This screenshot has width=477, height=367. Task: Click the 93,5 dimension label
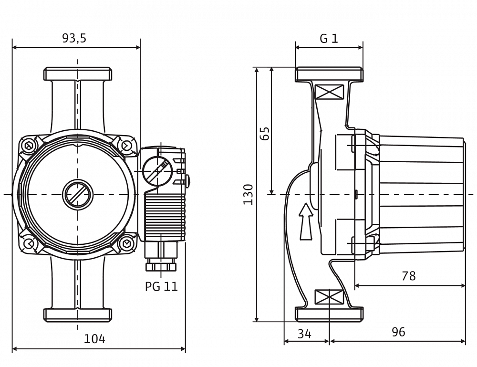(74, 38)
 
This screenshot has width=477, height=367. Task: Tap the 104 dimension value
(94, 339)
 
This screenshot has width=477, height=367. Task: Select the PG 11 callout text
(161, 286)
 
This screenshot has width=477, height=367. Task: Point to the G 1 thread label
(329, 39)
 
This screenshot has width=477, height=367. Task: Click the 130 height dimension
(248, 194)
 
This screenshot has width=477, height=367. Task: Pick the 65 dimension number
(265, 133)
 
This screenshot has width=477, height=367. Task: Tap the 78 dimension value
(408, 276)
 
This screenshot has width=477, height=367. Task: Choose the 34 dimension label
(304, 334)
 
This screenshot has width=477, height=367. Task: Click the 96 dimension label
(398, 332)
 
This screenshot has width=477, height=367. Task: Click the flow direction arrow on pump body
(306, 221)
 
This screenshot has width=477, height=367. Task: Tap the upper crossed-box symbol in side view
(330, 92)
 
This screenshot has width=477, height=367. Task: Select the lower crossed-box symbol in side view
(330, 297)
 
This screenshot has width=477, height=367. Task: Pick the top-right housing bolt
(125, 146)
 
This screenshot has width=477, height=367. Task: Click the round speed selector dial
(157, 171)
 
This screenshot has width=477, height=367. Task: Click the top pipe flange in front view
(78, 74)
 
